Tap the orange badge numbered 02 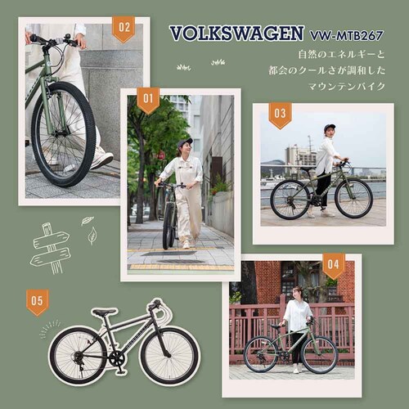pos(124,29)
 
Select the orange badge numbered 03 pos(280,115)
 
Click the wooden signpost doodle pos(50,247)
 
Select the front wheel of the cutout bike pos(169,355)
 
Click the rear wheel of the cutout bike pos(78,354)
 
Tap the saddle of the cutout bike pos(103,312)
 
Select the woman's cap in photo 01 pos(186,142)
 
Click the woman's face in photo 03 pos(329,131)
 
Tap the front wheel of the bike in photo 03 pos(353,199)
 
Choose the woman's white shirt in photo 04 pos(296,314)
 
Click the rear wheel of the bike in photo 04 pos(261,354)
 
